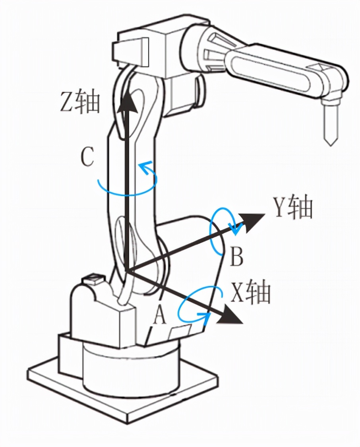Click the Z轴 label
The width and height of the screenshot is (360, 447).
coord(79,102)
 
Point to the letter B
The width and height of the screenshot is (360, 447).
coord(236,257)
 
